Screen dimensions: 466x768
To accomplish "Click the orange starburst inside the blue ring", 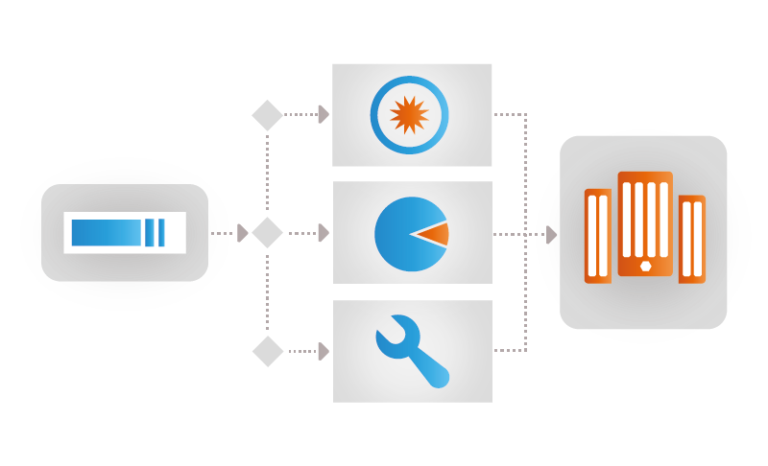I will coord(409,115).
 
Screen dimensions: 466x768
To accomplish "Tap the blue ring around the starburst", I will coord(375,115).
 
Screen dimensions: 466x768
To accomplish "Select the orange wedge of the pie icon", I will coord(435,234).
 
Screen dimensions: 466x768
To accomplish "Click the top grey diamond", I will coord(267,115).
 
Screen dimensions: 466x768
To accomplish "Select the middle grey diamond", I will coord(267,233).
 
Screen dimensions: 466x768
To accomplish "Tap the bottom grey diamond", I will coord(267,351).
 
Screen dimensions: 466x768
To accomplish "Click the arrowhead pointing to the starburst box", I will coord(324,115).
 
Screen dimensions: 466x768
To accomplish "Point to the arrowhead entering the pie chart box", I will coord(324,233).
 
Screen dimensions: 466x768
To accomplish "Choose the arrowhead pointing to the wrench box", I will coord(324,352).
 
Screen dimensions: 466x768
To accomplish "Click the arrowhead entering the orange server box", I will coord(552,234).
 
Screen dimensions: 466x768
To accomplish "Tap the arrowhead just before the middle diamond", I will coord(243,233).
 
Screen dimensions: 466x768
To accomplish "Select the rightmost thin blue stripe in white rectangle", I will coord(161,233).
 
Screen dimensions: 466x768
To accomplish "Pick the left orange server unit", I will coord(597,236).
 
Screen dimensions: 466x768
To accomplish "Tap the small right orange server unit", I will coord(691,239).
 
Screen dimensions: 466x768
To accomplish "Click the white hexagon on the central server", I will coord(645,266).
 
